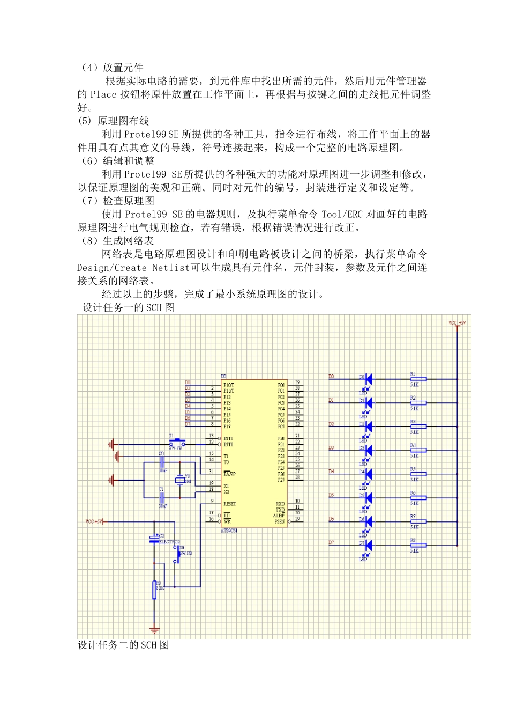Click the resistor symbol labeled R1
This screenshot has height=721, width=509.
click(x=418, y=379)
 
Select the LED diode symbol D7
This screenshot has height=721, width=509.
click(x=368, y=545)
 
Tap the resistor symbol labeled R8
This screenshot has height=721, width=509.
click(x=418, y=545)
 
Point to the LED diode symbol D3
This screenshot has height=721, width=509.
click(x=368, y=450)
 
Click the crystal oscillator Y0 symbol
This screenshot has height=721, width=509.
click(x=180, y=480)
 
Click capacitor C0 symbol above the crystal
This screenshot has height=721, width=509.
click(x=161, y=462)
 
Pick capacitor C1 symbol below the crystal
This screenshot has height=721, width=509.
click(x=161, y=497)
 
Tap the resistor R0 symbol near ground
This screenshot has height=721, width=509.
click(x=154, y=590)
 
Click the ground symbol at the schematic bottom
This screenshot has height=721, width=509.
click(x=154, y=630)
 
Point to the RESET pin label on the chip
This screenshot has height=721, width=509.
click(x=229, y=504)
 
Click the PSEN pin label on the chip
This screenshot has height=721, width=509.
click(x=280, y=521)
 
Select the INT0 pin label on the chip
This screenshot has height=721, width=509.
click(x=228, y=444)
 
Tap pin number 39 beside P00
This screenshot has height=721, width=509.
click(x=297, y=382)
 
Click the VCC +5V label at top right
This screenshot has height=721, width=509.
click(x=457, y=323)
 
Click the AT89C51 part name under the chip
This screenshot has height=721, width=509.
click(x=229, y=531)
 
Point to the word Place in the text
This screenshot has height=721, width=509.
click(x=103, y=94)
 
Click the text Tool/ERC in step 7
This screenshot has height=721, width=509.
click(x=342, y=214)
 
